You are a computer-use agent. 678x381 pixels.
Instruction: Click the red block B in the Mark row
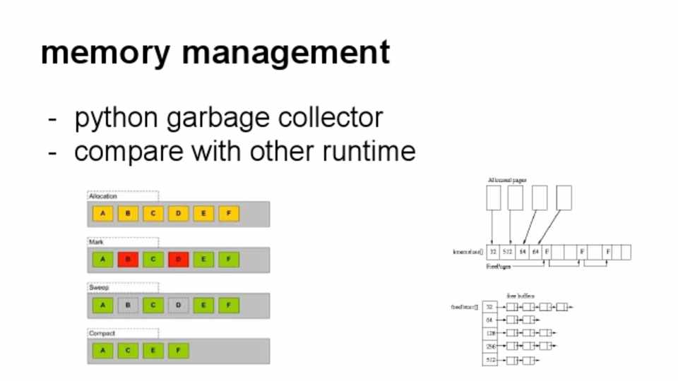point(128,260)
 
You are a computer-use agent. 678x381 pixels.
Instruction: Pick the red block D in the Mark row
point(178,260)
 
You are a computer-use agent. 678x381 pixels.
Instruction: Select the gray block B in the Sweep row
point(128,306)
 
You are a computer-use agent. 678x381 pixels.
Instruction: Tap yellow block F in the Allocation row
point(228,214)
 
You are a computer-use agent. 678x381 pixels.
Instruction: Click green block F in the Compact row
point(178,350)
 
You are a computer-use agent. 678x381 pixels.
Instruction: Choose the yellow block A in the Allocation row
point(103,214)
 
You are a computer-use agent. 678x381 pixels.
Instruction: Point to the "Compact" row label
point(102,333)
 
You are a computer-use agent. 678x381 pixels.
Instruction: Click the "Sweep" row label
point(100,288)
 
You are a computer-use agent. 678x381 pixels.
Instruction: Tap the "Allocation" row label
point(103,196)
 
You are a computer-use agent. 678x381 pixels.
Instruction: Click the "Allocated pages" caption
point(506,181)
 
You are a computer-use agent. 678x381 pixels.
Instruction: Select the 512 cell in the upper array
point(507,252)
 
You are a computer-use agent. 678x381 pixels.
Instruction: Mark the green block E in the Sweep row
point(203,306)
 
